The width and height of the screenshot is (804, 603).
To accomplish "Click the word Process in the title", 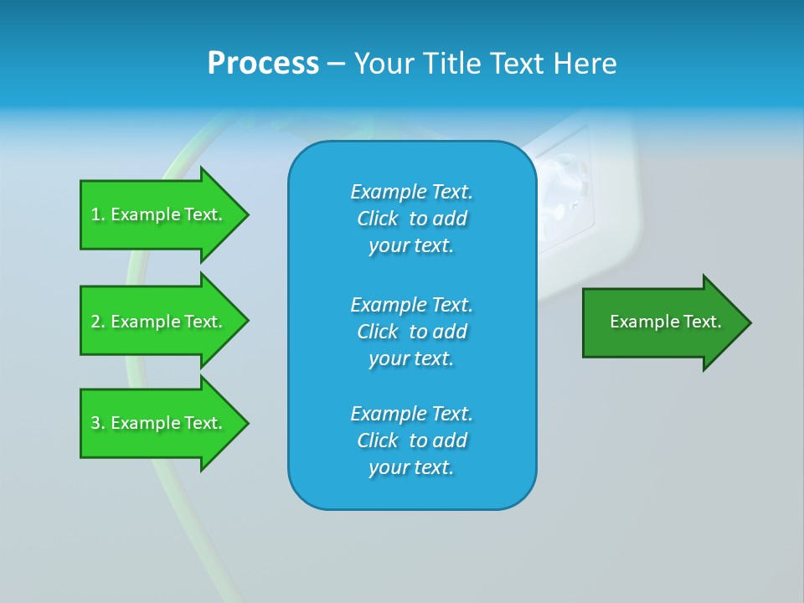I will click(x=263, y=64).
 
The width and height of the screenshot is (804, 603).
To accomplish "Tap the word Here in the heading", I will click(x=583, y=64).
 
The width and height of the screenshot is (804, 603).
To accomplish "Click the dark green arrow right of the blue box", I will click(x=662, y=322).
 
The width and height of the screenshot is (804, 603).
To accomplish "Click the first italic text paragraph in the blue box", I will click(x=412, y=219).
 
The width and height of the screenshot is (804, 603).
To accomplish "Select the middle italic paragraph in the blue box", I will click(x=412, y=331).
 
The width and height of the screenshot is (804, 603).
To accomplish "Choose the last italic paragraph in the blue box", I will click(x=412, y=441).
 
